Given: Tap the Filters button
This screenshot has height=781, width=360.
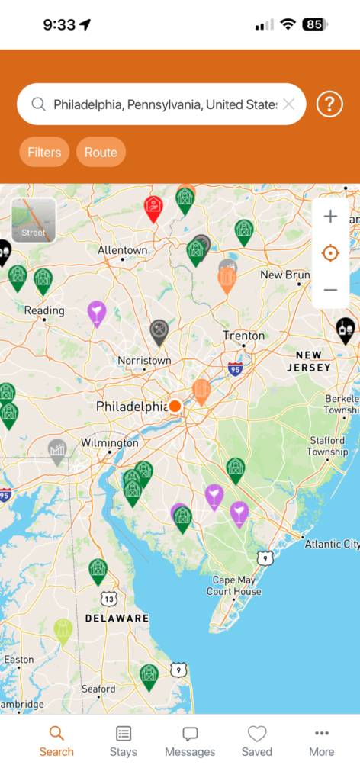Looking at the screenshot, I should point(44,153).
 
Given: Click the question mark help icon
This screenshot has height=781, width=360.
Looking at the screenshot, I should point(329,104).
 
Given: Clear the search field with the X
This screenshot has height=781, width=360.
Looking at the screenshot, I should point(288,104).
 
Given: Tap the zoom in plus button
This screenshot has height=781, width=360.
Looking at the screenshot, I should point(330,217).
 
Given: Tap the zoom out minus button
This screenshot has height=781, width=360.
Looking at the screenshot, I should point(330,290).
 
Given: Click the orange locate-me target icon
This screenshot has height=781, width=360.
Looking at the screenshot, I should point(330,253).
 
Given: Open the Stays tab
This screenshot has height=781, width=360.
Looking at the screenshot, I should point(124,741).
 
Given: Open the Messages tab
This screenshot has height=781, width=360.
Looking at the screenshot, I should point(190,741).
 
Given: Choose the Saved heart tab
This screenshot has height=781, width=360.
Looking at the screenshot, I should point(257,741).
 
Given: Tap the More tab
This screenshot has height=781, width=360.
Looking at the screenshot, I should point(321,741).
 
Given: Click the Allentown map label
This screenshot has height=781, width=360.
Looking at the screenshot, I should point(122,250).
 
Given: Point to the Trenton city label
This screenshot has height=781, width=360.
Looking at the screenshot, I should point(244,336).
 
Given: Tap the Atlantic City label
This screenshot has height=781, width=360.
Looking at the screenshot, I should point(331,544).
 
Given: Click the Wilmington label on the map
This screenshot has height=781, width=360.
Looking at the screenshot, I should point(110,442).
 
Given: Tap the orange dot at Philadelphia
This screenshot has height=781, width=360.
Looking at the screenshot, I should point(175,406).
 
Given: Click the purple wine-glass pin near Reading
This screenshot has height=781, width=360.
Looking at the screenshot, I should point(97,312).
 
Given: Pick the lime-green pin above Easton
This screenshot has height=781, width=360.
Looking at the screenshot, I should point(63,630).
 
